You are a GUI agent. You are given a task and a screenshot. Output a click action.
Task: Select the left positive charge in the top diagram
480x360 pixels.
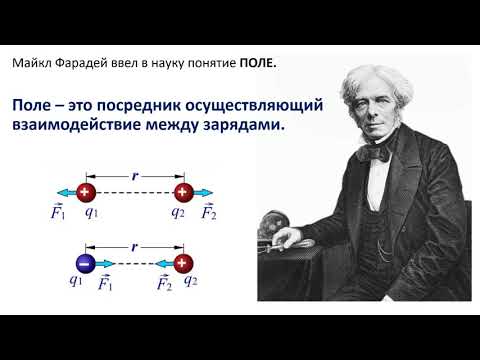(87, 192)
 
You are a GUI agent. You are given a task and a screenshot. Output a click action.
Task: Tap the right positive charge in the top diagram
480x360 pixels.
(182, 192)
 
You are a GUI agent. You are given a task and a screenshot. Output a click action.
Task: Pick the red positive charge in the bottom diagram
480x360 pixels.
(182, 263)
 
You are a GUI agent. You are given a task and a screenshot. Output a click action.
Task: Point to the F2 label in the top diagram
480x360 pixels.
(209, 212)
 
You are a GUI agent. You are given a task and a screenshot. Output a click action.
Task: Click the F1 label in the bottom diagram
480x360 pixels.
(105, 283)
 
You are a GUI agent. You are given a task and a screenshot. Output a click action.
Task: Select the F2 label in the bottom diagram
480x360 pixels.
(163, 283)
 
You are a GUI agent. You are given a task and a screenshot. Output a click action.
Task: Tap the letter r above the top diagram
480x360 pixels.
(134, 172)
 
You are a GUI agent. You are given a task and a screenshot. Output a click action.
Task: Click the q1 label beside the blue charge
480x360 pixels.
(76, 281)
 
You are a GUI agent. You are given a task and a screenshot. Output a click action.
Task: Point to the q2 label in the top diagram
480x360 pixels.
(178, 211)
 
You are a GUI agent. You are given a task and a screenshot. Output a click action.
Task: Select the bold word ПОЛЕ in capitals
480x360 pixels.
(257, 63)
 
